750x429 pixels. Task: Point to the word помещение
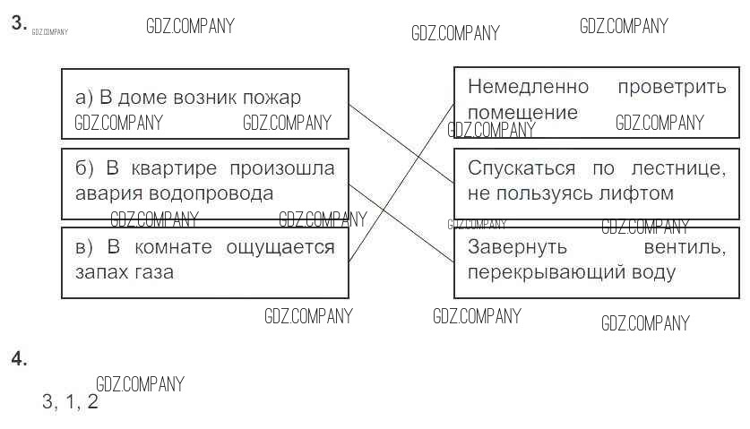click(522, 113)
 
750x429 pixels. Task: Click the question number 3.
click(19, 24)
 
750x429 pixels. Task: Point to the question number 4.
click(19, 359)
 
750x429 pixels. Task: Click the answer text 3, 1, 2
click(70, 402)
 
